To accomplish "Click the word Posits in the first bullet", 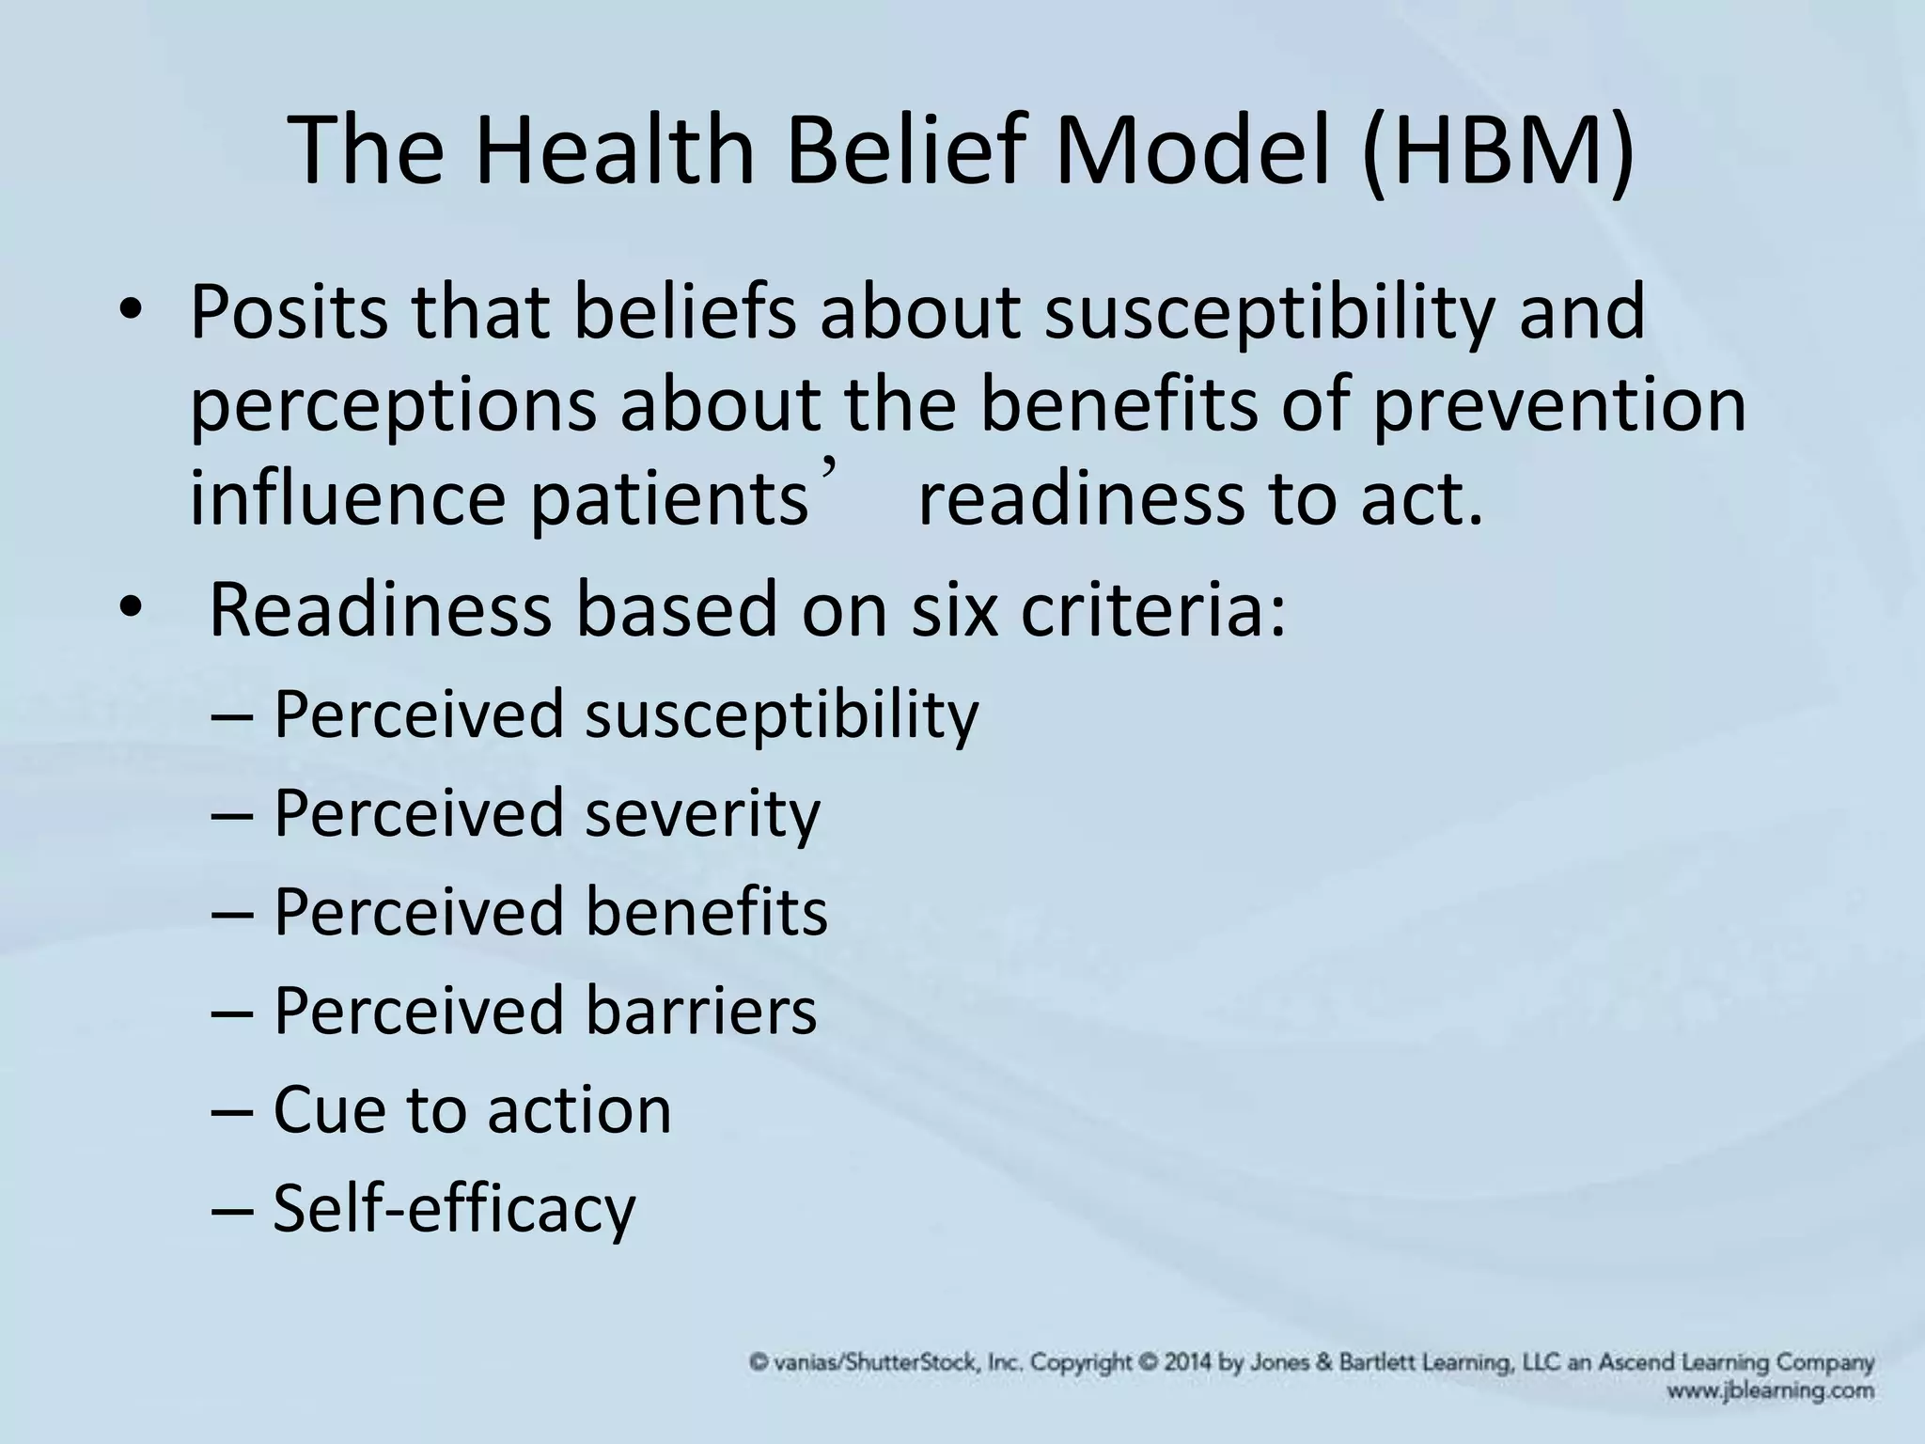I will click(288, 312).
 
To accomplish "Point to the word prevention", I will click(1559, 404).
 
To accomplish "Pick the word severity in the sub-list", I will click(702, 813).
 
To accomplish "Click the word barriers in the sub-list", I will click(701, 1011).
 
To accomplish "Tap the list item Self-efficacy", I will click(454, 1209).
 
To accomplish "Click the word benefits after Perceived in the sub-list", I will click(706, 912).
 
